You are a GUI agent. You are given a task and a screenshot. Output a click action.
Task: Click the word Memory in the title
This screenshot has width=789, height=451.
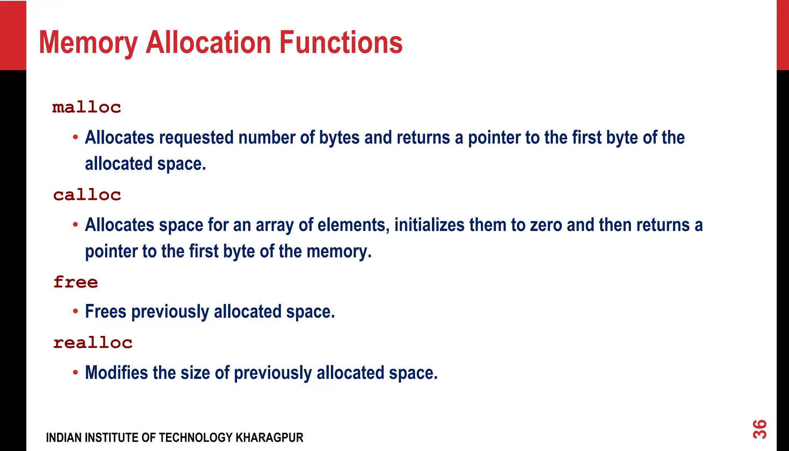88,43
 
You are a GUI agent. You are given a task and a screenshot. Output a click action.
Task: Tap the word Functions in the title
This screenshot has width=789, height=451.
341,42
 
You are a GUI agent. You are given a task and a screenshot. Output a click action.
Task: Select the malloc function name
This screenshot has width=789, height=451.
87,107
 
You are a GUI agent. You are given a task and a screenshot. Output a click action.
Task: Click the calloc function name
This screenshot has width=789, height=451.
87,195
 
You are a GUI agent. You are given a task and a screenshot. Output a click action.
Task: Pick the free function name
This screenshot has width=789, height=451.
76,282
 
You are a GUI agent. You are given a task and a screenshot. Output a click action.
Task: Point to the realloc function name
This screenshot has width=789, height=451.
93,343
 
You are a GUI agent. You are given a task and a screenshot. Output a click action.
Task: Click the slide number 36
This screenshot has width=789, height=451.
760,429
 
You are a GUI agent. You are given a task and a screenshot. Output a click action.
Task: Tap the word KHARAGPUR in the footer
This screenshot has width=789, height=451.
269,438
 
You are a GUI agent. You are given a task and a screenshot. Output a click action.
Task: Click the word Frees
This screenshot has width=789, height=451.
106,312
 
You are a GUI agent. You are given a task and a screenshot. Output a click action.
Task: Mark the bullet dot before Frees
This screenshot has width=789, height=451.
76,311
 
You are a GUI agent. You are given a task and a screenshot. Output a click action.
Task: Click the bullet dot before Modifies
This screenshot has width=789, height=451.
76,372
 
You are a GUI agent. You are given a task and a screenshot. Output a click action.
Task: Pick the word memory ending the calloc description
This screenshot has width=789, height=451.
339,252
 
